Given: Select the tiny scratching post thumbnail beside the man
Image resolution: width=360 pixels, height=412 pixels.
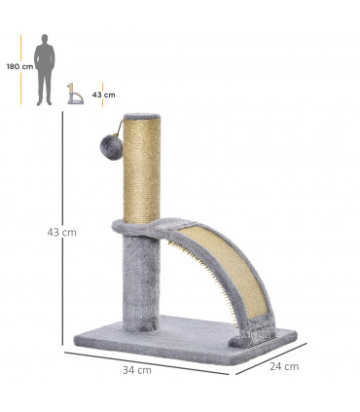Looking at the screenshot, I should click(x=73, y=94).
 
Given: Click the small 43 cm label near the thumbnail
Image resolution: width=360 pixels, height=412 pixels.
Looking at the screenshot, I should click(x=103, y=94).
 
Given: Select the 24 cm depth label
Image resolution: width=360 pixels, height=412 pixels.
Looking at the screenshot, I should click(x=284, y=366).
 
